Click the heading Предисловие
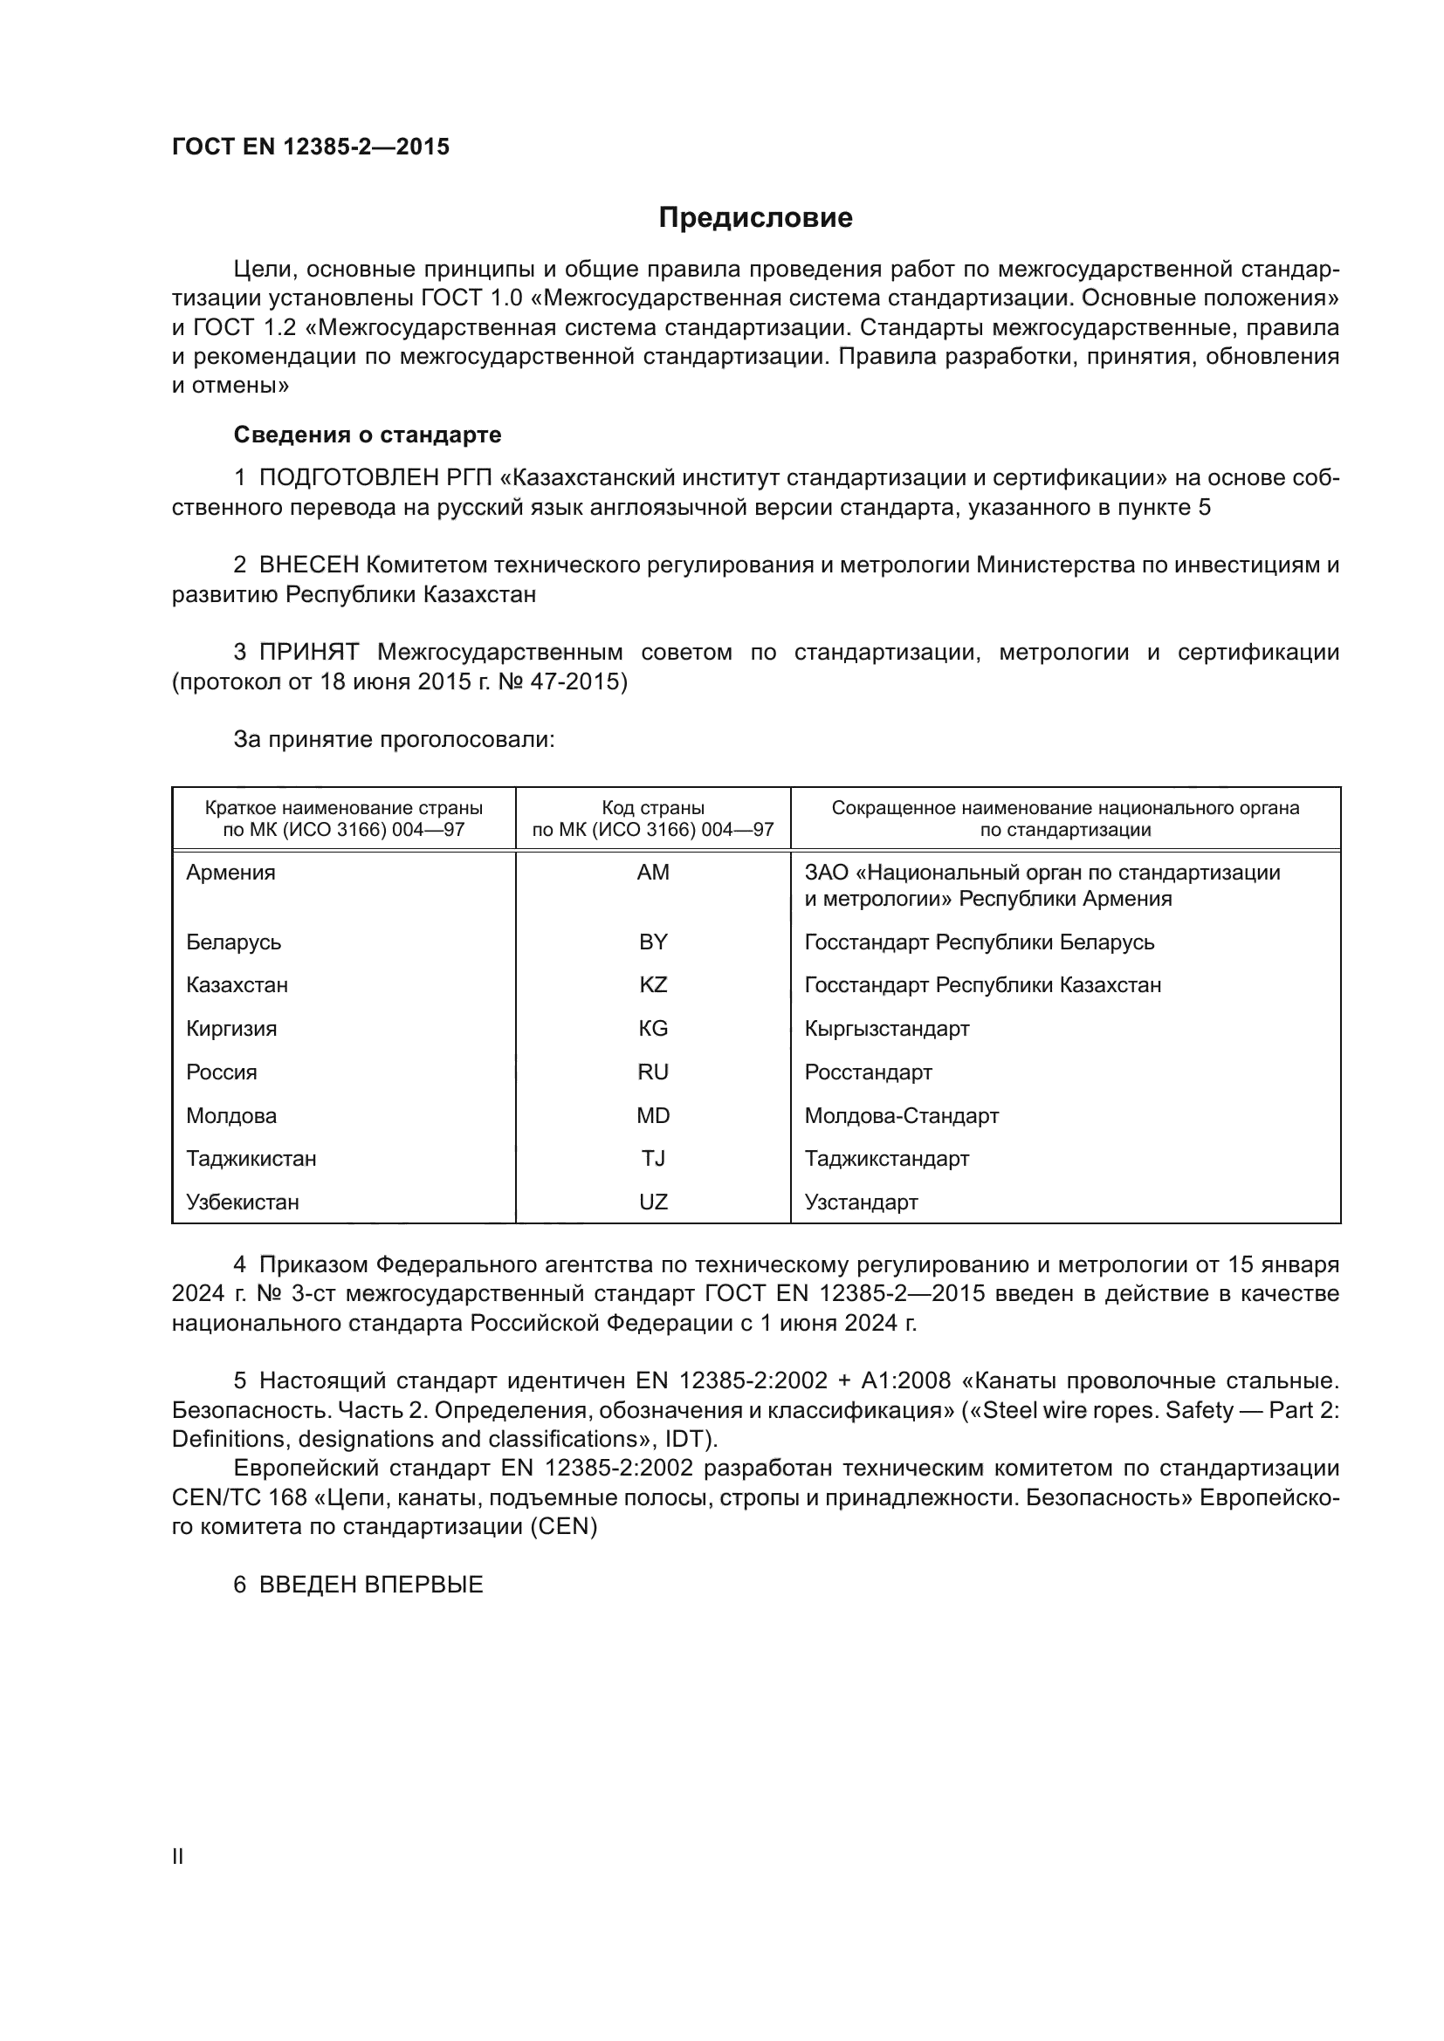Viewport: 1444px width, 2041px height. click(x=755, y=218)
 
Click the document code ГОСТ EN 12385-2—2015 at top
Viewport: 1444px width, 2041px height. click(x=310, y=147)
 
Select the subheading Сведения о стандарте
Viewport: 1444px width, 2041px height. click(x=368, y=435)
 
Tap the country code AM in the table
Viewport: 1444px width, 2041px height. click(x=653, y=873)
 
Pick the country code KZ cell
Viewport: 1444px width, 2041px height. click(x=653, y=985)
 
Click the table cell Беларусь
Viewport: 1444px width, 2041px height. click(x=233, y=942)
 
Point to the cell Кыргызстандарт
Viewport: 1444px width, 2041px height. click(x=886, y=1029)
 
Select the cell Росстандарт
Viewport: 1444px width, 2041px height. click(x=868, y=1072)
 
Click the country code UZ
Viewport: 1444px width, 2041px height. click(x=653, y=1202)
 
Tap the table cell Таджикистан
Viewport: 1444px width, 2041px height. click(x=251, y=1159)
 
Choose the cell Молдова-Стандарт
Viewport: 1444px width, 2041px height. click(x=902, y=1116)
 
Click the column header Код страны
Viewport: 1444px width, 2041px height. click(x=653, y=808)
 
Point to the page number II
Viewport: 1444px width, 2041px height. click(x=178, y=1856)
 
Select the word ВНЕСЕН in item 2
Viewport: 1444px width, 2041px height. click(x=308, y=565)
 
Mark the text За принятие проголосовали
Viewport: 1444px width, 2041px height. click(x=394, y=740)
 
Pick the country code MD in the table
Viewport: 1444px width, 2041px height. click(x=653, y=1116)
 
